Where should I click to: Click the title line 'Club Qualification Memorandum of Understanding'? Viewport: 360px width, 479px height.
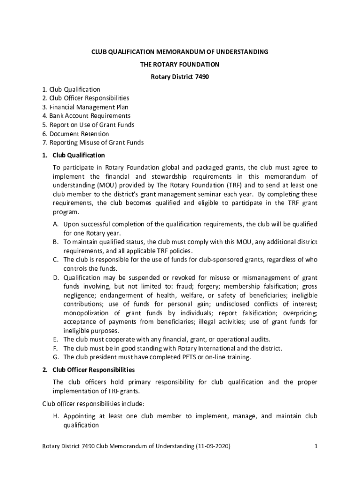(180, 52)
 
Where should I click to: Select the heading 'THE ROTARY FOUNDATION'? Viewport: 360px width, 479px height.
(180, 65)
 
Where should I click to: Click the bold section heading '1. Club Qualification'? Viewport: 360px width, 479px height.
(73, 155)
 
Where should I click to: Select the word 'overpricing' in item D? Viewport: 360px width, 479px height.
(301, 313)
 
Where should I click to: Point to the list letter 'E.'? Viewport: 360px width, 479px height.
(55, 340)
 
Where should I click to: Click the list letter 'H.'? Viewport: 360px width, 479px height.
(56, 416)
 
